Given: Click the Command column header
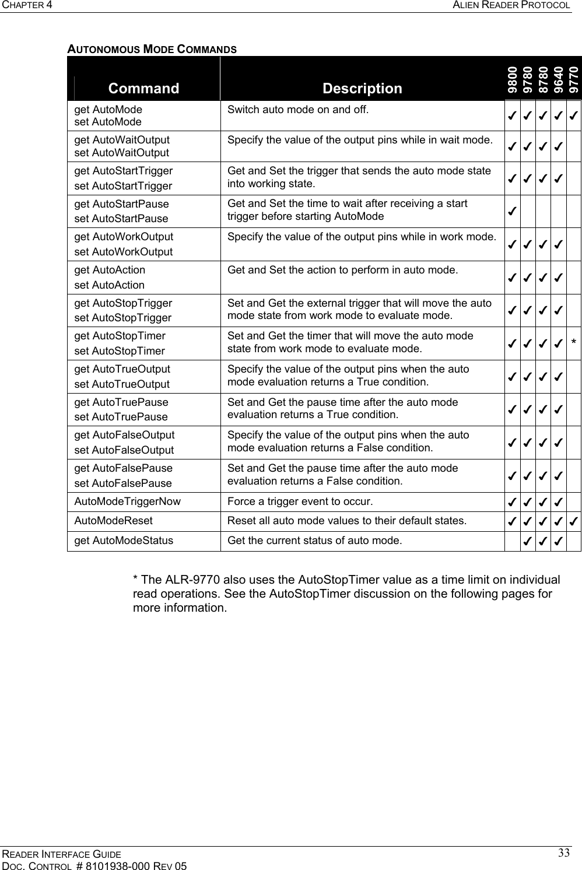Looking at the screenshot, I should (x=143, y=89).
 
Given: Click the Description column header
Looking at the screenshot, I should (x=362, y=89).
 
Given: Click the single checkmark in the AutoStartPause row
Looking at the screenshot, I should (x=511, y=211).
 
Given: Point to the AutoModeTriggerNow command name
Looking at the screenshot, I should (x=127, y=501).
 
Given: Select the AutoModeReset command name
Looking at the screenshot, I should (x=113, y=521).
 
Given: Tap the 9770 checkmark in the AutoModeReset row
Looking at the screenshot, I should (x=574, y=521).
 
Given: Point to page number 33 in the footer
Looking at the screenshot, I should (x=563, y=854).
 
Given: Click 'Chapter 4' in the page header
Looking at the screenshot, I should (x=26, y=5).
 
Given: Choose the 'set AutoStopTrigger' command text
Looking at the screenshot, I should (x=123, y=318).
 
